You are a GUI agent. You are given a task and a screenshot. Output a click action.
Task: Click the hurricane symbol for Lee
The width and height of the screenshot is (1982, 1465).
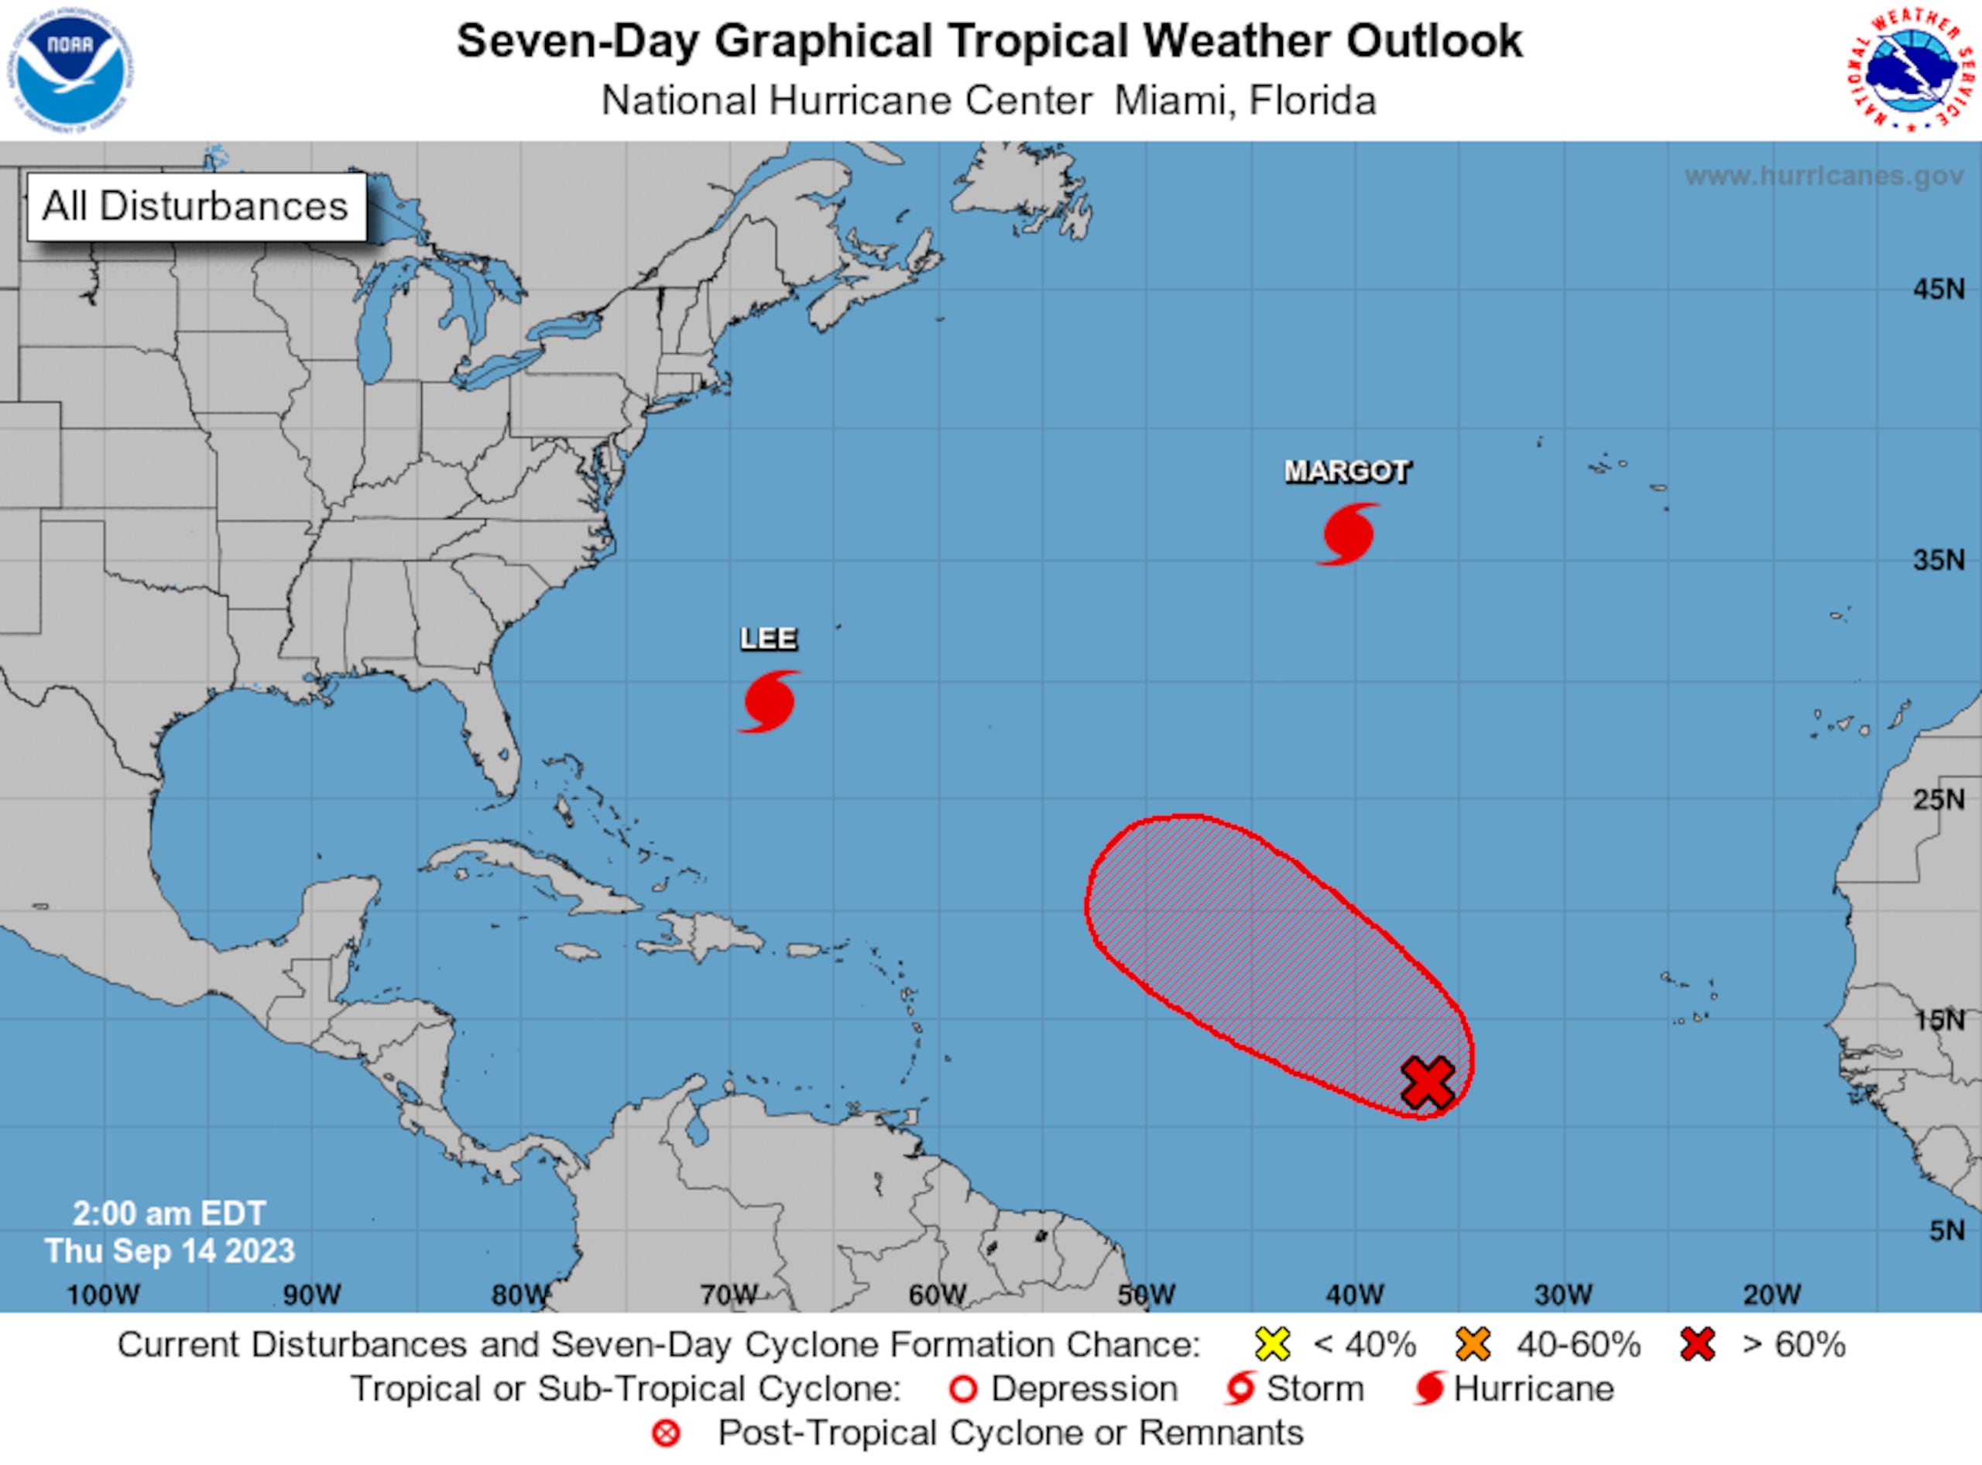click(768, 702)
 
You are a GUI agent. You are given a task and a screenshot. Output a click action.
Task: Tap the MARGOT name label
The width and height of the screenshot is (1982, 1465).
click(1346, 471)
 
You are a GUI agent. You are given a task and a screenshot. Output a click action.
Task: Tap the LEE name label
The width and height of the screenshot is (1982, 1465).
click(768, 639)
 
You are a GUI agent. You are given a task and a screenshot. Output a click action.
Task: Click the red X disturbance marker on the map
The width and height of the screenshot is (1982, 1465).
click(1428, 1082)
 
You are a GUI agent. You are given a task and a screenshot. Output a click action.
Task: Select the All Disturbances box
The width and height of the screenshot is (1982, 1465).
click(196, 207)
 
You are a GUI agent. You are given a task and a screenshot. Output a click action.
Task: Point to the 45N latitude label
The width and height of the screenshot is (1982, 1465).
click(1938, 289)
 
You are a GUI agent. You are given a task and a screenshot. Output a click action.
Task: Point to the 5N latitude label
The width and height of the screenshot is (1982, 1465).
click(1946, 1231)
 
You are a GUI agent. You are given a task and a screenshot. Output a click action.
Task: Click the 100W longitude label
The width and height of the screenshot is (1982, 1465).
click(103, 1295)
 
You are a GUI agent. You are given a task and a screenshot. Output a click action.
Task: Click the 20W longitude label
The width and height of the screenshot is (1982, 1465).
click(1772, 1295)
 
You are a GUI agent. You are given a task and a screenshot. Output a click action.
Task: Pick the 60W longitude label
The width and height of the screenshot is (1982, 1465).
click(937, 1295)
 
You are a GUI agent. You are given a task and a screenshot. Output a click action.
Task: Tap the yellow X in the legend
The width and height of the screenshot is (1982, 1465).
click(1272, 1344)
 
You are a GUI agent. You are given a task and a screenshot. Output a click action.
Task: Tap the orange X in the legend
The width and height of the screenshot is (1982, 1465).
click(1473, 1344)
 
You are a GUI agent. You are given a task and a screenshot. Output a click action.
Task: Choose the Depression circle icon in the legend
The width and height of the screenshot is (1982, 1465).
click(963, 1390)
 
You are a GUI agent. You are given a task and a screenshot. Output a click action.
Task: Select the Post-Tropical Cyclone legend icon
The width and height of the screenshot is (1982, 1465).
click(666, 1434)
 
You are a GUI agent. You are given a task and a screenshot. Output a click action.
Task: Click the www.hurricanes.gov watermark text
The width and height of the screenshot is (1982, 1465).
click(1823, 176)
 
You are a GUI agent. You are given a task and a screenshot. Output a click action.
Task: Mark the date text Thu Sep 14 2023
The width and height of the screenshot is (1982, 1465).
click(170, 1251)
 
